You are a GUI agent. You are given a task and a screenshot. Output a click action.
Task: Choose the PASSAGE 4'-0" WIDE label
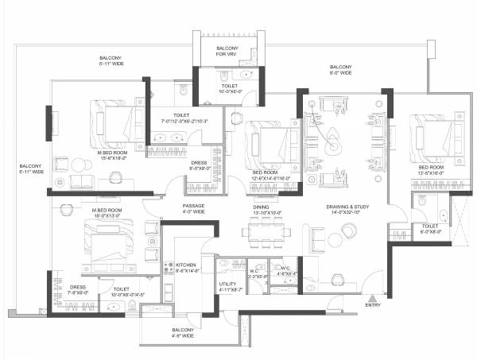(x=194, y=209)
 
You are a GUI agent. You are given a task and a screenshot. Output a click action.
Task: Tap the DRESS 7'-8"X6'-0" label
(x=78, y=289)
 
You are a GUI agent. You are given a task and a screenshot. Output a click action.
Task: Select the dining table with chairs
(x=266, y=232)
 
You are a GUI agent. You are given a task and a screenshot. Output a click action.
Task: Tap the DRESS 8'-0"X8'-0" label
(x=199, y=165)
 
